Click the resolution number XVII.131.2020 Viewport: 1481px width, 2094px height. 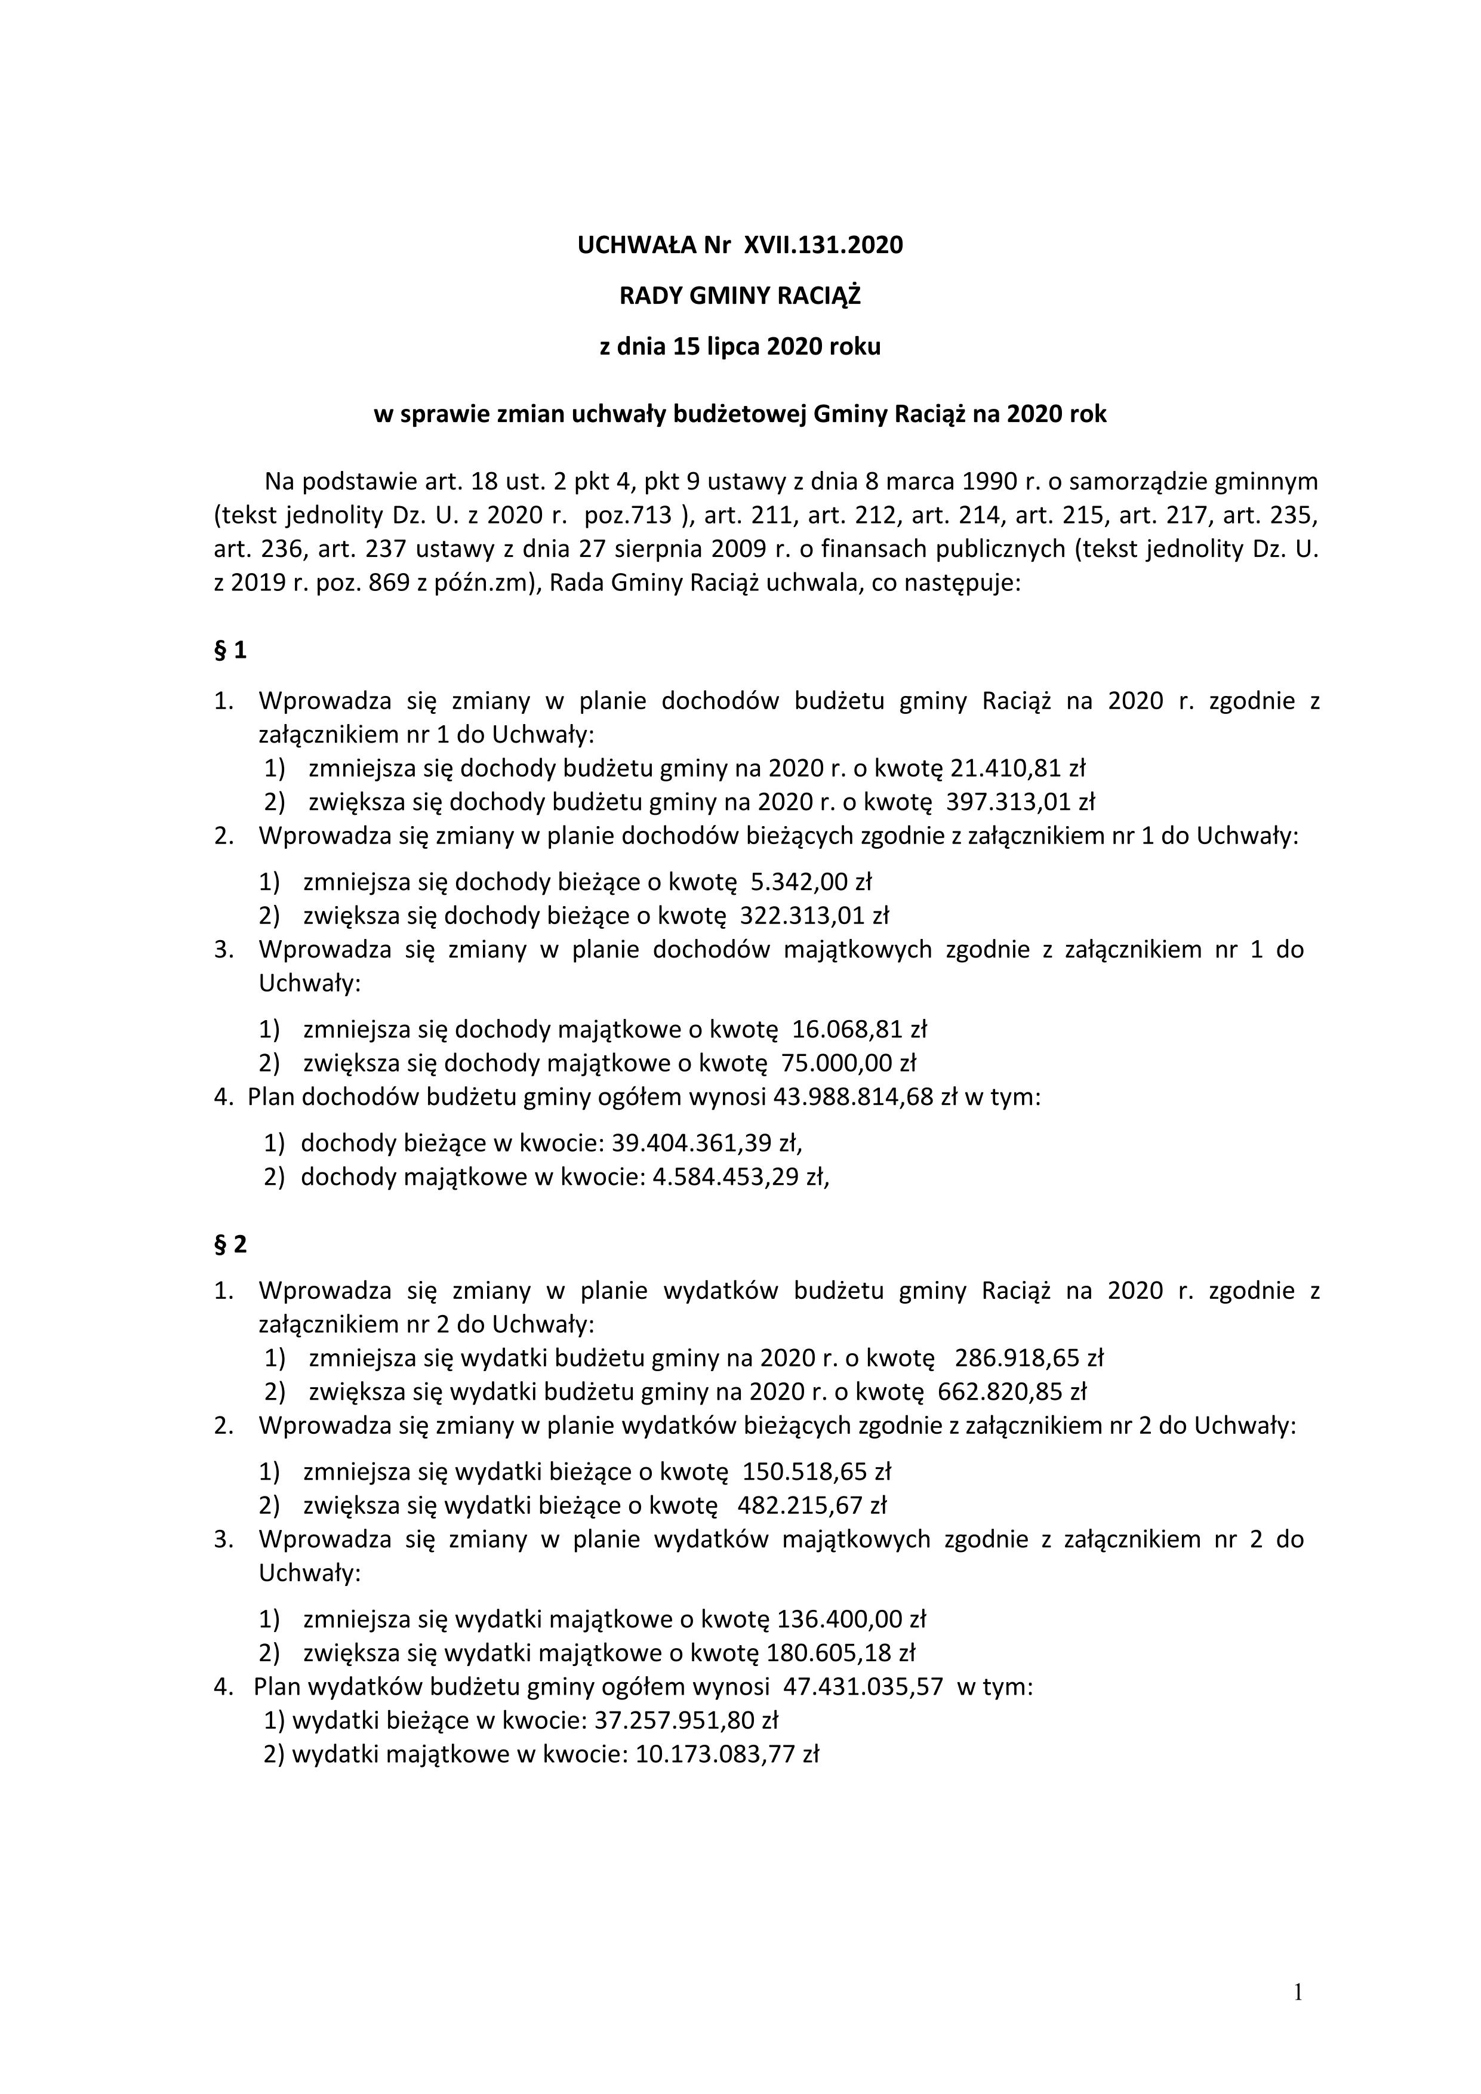coord(824,245)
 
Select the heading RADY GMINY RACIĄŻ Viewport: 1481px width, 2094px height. coord(740,295)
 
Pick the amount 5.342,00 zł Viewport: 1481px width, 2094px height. coord(811,882)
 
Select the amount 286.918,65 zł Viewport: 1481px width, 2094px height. coord(1029,1358)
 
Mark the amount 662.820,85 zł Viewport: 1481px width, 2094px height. coord(1011,1392)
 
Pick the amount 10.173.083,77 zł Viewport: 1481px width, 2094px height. coord(728,1754)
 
